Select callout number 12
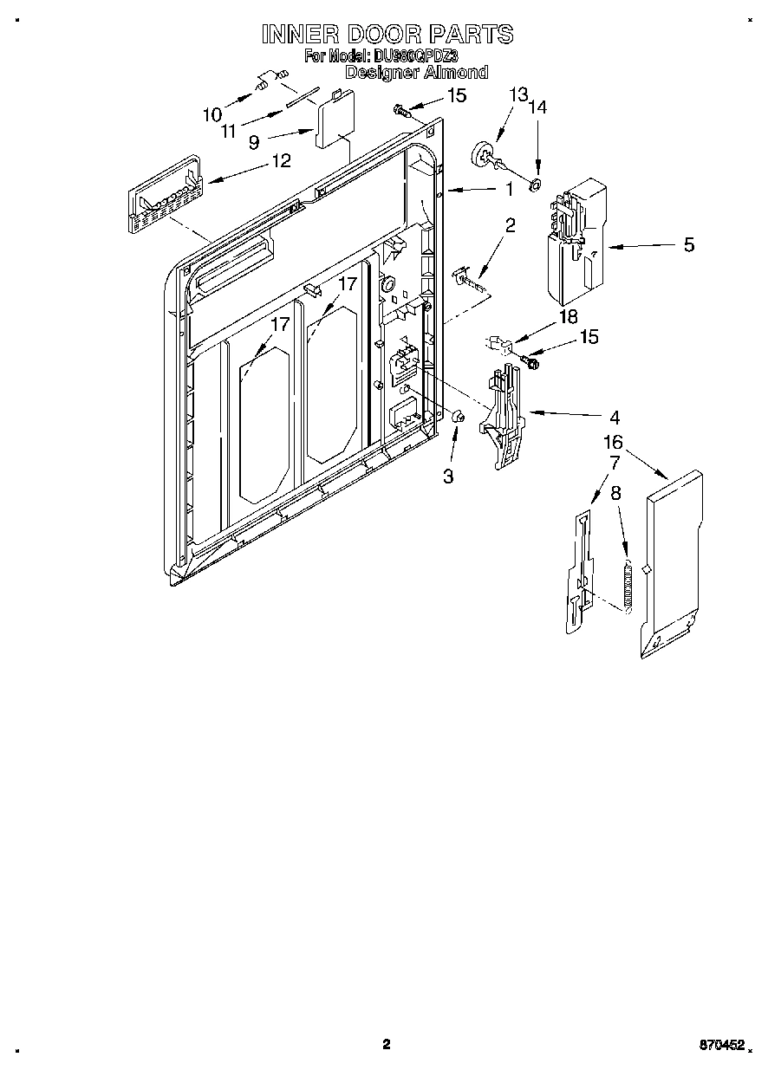(281, 160)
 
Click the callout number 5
(688, 245)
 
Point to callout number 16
(613, 443)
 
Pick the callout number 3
(448, 476)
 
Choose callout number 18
(568, 316)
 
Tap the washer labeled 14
(536, 183)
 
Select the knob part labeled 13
(483, 154)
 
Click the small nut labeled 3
(459, 417)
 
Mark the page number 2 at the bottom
(387, 1044)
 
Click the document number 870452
(722, 1046)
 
